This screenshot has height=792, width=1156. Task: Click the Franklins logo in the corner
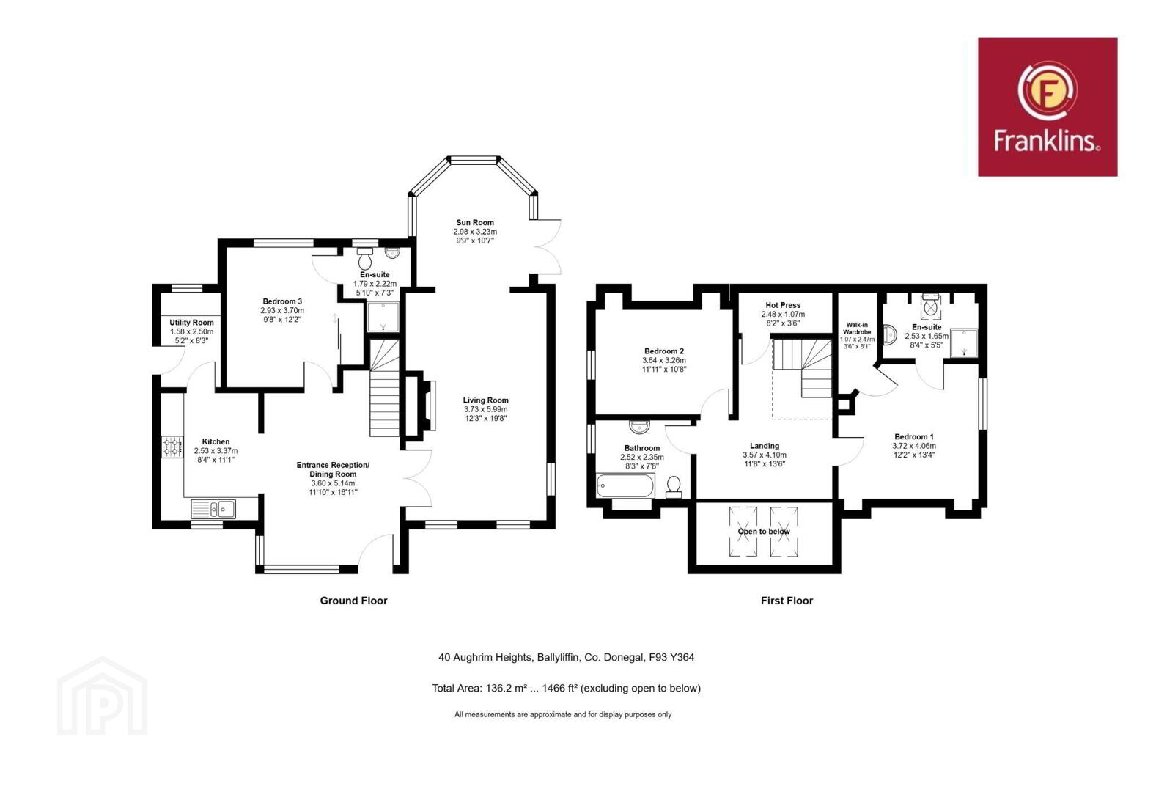pos(1048,107)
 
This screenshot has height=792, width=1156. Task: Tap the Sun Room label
pos(475,222)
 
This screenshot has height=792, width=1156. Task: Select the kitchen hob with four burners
pos(172,447)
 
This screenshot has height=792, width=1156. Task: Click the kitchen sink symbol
pos(213,508)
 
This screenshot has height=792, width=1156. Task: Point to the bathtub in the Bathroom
pos(625,486)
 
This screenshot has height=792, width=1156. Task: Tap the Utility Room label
pos(191,323)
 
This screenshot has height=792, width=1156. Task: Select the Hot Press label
pos(783,305)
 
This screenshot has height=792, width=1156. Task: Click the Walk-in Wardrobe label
pos(857,329)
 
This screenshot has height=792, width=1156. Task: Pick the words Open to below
pos(764,531)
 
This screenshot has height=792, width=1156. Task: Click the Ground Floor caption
pos(353,601)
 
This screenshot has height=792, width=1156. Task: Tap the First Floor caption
pos(787,601)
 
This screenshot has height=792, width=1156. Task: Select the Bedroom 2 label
pos(663,351)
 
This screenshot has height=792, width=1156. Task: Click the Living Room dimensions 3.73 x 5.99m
pos(485,409)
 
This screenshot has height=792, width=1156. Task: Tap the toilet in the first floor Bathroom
pos(674,486)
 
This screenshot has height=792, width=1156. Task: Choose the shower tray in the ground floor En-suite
pos(383,317)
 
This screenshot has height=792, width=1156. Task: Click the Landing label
pos(765,446)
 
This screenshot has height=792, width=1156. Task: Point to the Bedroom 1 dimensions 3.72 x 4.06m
pos(914,446)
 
